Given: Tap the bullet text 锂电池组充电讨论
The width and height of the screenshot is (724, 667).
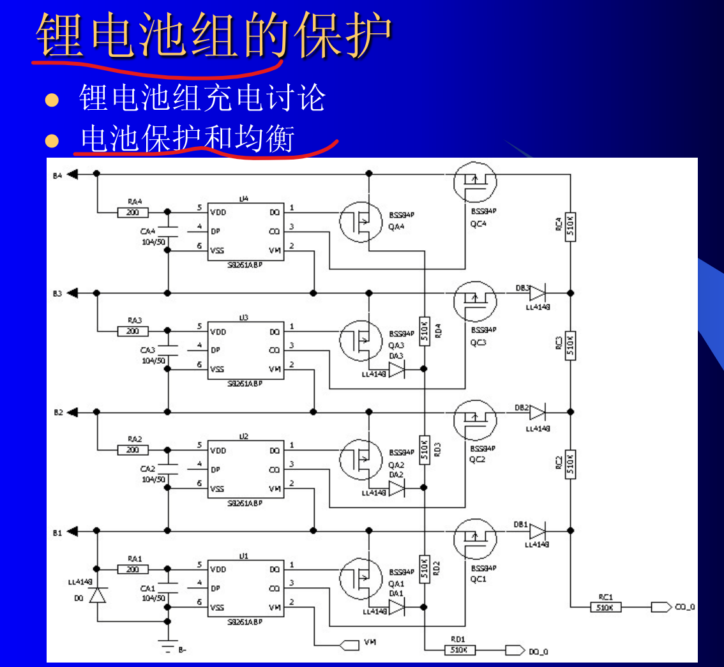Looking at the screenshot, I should click(x=202, y=98).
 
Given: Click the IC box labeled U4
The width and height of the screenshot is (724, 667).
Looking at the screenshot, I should click(x=246, y=230).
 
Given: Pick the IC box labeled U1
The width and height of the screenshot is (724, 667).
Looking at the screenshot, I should click(x=246, y=587).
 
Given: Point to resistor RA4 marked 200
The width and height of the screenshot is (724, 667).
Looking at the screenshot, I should click(x=133, y=212).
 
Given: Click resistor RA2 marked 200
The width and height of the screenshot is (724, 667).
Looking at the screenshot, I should click(x=133, y=450).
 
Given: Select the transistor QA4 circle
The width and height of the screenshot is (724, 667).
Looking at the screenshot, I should click(x=361, y=221).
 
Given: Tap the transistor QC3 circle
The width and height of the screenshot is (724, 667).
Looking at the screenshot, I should click(x=475, y=303).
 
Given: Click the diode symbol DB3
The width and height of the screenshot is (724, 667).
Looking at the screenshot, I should click(x=537, y=293).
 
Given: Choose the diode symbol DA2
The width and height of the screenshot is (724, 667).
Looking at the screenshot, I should click(x=396, y=488).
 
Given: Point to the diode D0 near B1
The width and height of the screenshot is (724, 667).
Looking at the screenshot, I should click(x=97, y=596).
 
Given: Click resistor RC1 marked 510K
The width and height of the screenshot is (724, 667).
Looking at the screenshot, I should click(x=605, y=607).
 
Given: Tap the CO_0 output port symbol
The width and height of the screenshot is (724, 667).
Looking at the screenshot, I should click(x=661, y=607).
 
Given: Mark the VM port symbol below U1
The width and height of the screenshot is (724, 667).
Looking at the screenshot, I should click(x=350, y=644).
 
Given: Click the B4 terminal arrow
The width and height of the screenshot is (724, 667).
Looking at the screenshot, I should click(x=72, y=173).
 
